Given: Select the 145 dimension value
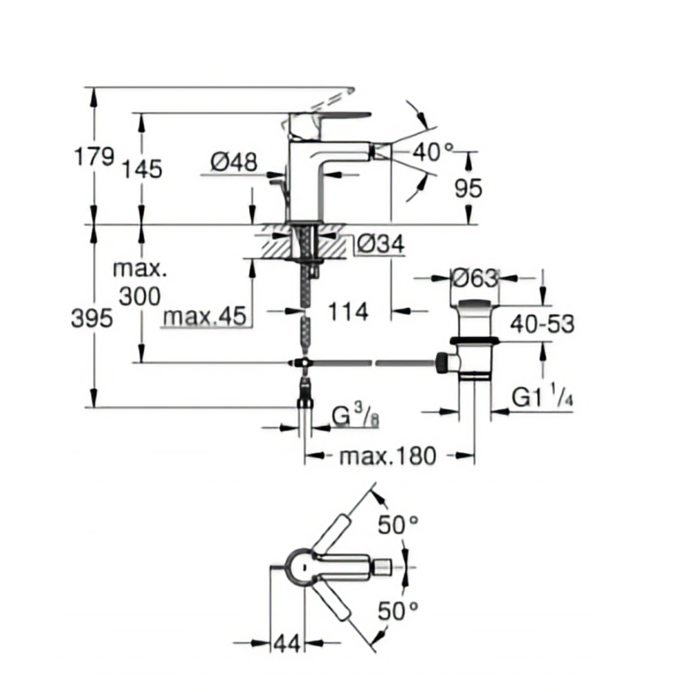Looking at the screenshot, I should click(x=143, y=168).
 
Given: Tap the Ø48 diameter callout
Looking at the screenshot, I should click(x=234, y=163).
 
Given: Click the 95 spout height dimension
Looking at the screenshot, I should click(x=468, y=188).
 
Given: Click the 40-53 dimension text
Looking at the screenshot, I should click(x=543, y=322).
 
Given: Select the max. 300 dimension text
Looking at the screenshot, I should click(x=139, y=282).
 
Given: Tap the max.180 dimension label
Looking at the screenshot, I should click(x=388, y=456).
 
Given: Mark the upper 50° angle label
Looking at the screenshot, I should click(x=399, y=525).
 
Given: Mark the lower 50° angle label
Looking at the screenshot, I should click(x=399, y=610).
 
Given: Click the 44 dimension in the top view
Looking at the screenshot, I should click(x=286, y=644).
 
